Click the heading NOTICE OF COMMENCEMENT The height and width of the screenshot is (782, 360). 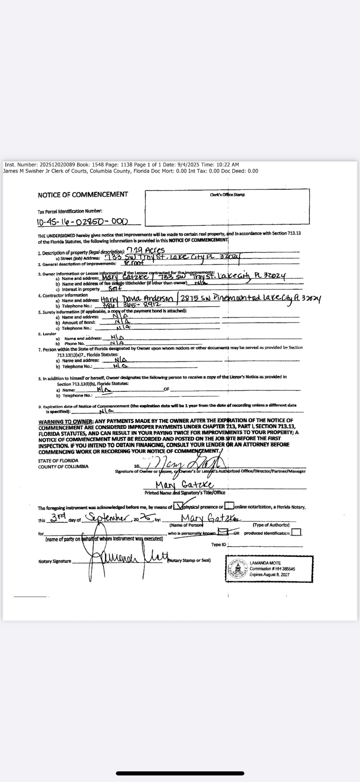coord(83,195)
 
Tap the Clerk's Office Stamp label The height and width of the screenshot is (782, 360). coord(227,195)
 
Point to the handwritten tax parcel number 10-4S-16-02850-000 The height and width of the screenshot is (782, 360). coord(82,222)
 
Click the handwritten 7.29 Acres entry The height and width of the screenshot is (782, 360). coord(145,251)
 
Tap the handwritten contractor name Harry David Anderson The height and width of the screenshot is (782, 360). coord(137,299)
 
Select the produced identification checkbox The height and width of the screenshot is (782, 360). coord(296,532)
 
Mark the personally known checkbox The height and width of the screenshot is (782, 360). coord(224,532)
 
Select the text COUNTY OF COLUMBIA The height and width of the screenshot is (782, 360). coord(63,466)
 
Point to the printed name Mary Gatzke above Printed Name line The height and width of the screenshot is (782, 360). coord(185,485)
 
